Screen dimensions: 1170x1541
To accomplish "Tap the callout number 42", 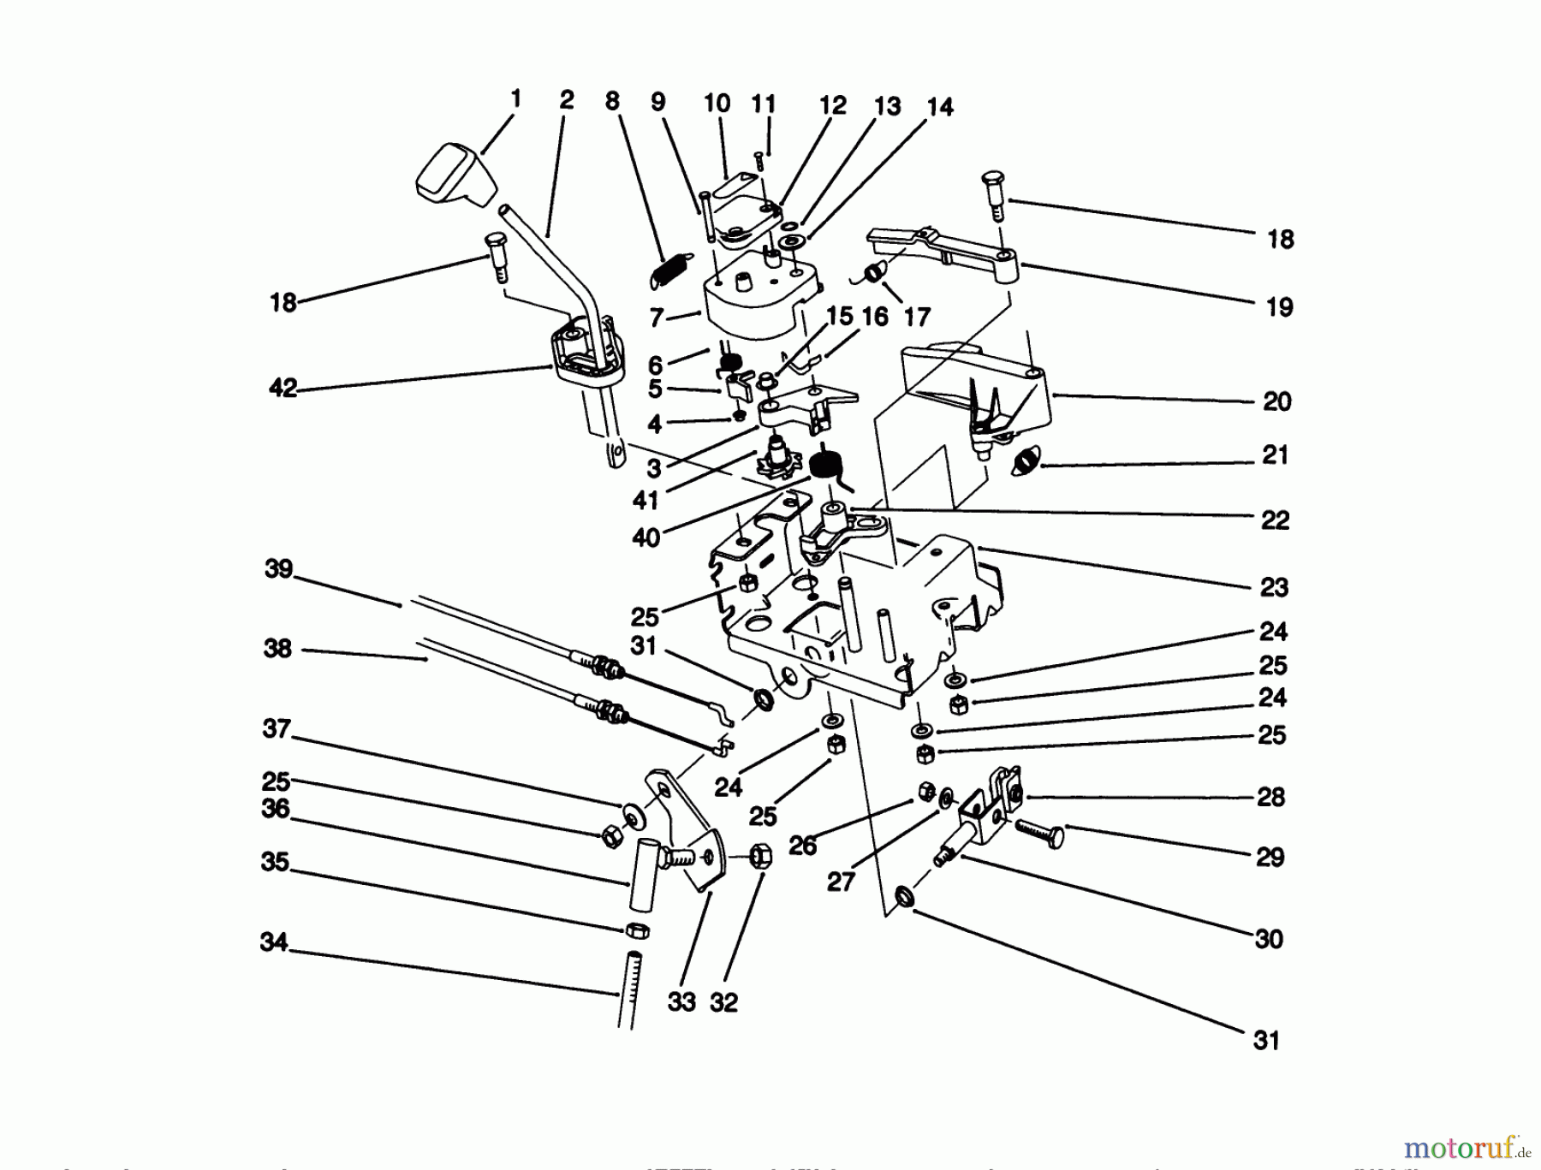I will coord(283,388).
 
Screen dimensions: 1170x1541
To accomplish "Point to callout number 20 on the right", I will coord(1276,401).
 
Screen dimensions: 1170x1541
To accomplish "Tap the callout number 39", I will coord(278,569).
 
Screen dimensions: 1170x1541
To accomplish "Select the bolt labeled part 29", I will coord(1040,831).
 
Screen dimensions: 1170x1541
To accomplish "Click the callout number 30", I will coord(1269,939).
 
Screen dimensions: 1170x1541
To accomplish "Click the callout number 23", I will coord(1274,587).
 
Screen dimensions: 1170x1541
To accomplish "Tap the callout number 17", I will coord(916,318).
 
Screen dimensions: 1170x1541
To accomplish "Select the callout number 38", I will coord(277,649).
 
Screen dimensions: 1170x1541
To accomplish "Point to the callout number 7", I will coord(657,318).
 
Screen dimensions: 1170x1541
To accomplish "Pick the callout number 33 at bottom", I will coord(681,1001).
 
